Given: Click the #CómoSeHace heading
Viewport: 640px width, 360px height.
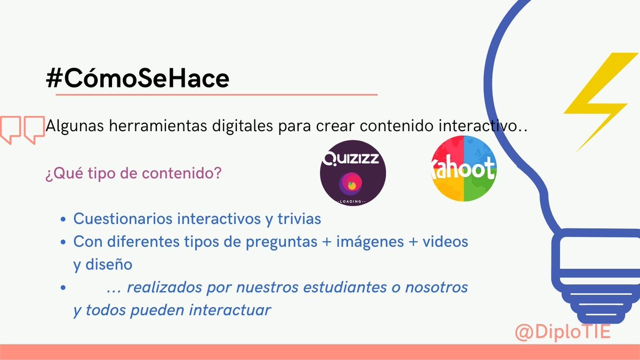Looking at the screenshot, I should tap(138, 78).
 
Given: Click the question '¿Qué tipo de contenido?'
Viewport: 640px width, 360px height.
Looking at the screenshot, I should tap(133, 174).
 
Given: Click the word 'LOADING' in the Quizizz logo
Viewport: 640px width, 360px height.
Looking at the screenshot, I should tap(353, 202).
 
